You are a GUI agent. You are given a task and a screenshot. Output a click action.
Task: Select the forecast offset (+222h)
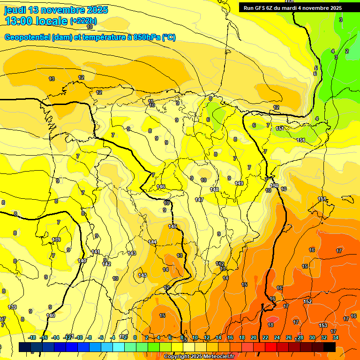click(83, 21)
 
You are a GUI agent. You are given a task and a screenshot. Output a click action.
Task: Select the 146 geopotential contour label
click(161, 187)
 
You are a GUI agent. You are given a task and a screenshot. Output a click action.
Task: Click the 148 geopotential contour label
click(214, 189)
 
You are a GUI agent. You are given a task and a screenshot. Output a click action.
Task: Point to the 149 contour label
click(239, 183)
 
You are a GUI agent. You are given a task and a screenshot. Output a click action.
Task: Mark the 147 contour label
click(199, 200)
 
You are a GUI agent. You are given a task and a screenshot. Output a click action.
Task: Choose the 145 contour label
click(172, 226)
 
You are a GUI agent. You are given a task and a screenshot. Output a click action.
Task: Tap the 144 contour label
click(152, 242)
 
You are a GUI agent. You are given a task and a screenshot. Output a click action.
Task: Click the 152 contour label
click(307, 301)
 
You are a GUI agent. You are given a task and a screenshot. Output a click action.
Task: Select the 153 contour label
click(322, 325)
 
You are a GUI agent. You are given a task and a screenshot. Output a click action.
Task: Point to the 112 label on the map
click(220, 264)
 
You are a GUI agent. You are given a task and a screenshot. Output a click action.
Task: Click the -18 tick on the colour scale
click(32, 337)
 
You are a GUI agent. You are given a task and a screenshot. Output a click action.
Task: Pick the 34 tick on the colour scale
click(336, 337)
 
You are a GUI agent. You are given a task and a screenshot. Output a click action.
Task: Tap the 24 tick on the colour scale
click(277, 337)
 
